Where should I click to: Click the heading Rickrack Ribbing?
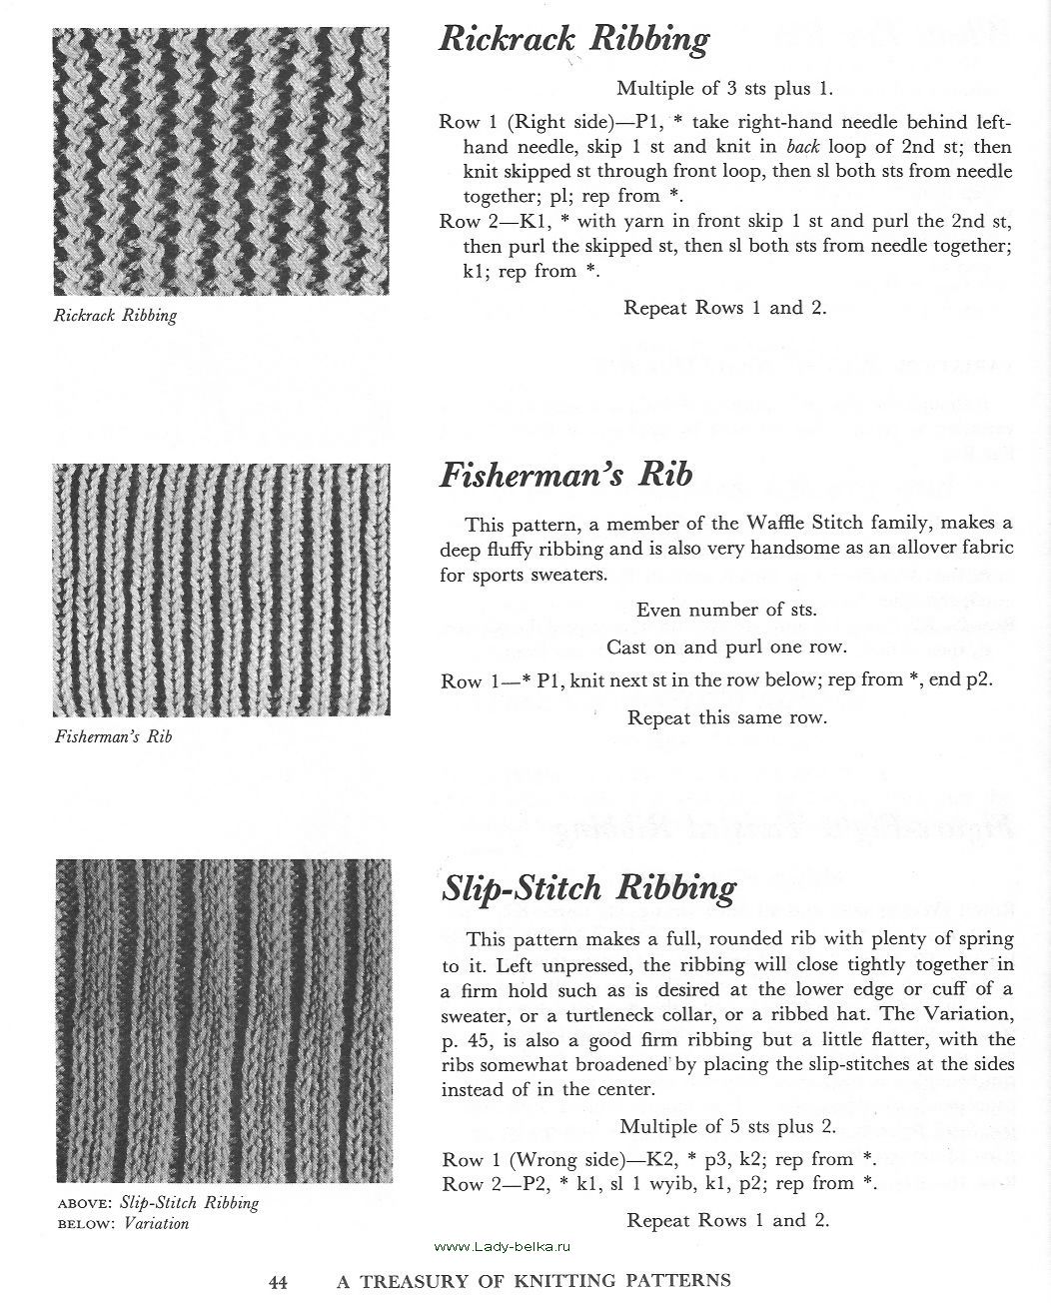(x=573, y=40)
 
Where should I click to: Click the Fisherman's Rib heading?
(x=565, y=474)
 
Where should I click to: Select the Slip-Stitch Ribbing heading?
(x=588, y=887)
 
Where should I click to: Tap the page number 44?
(x=278, y=1281)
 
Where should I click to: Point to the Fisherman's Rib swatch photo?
(x=221, y=589)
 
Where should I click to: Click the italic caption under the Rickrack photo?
(x=115, y=316)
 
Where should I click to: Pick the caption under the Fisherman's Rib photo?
(x=113, y=737)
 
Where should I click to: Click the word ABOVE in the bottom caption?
(x=84, y=1204)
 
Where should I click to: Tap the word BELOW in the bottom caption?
(x=84, y=1224)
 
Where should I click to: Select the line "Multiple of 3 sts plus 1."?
(x=724, y=88)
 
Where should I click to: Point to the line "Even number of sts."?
(x=726, y=610)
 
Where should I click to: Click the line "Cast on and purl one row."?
(x=726, y=647)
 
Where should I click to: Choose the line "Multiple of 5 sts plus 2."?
(x=727, y=1126)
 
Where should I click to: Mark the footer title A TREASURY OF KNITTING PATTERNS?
(x=533, y=1281)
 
